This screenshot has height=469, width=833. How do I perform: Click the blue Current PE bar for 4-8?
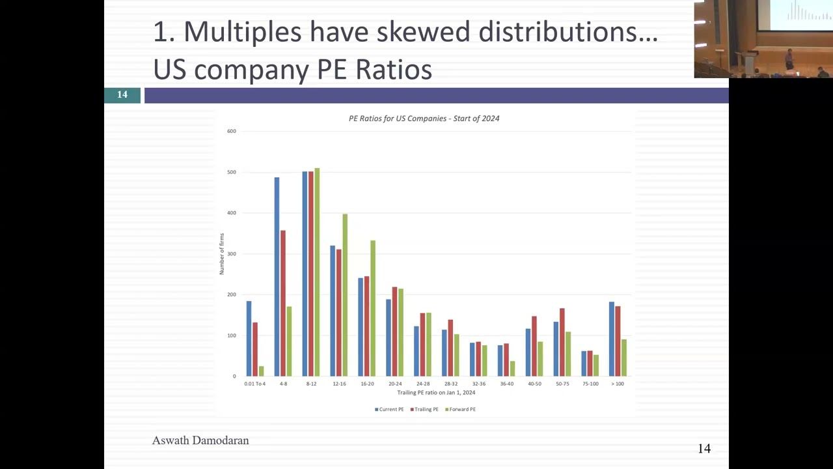[277, 277]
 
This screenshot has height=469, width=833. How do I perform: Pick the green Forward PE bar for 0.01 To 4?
[262, 371]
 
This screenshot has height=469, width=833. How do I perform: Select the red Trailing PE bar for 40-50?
[534, 346]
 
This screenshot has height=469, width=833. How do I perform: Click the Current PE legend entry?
[390, 410]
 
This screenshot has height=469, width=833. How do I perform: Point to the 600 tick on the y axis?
[232, 132]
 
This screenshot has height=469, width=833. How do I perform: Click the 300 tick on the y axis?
[232, 254]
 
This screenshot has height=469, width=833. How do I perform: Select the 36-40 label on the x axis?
[506, 384]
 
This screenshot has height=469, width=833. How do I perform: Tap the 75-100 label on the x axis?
[590, 384]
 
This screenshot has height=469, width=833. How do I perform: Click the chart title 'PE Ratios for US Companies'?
[424, 119]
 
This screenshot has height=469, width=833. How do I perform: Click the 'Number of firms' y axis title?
[222, 254]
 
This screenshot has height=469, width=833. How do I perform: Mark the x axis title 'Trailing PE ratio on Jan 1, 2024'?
[436, 393]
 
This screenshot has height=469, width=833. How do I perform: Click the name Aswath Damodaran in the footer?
[200, 441]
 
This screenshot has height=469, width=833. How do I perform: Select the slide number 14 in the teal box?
[122, 95]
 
